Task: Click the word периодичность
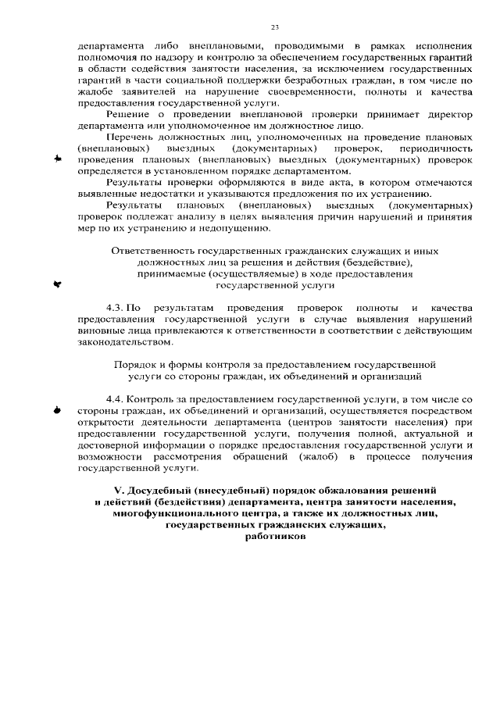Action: [437, 148]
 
